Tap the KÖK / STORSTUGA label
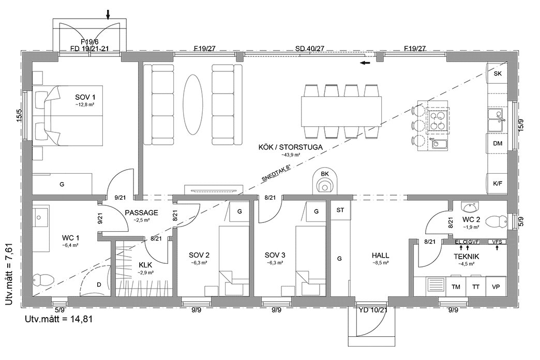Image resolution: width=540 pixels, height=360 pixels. (290, 147)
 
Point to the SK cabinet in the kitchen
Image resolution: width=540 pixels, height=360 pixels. (498, 74)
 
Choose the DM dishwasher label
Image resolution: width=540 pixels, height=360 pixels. (498, 143)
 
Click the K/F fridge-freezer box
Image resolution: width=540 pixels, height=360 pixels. (498, 183)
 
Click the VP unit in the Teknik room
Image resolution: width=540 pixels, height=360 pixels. (496, 287)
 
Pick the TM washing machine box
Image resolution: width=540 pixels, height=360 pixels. (456, 287)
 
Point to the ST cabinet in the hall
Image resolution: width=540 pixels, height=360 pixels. (340, 210)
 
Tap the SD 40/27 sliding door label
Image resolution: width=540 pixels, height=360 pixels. (309, 49)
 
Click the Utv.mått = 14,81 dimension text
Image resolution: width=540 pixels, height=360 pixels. (58, 319)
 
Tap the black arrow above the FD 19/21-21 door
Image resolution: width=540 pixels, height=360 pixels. (108, 14)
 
